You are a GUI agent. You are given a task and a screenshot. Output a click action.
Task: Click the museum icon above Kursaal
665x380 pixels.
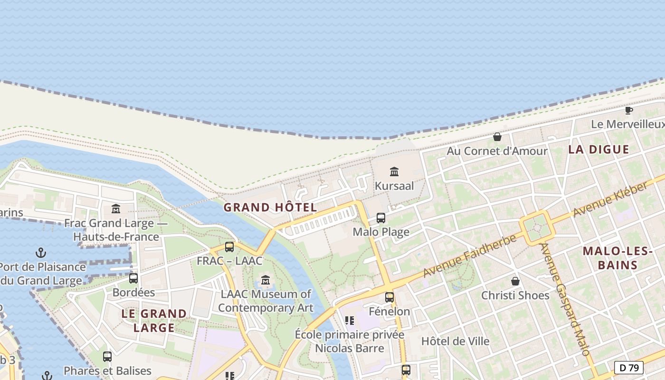coord(394,171)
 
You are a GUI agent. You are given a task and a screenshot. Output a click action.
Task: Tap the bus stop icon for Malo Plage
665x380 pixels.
coord(381,218)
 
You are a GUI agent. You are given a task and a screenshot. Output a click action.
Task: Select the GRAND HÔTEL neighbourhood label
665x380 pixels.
coord(270,208)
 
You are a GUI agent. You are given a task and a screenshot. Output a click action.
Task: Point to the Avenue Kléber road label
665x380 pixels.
coord(610,199)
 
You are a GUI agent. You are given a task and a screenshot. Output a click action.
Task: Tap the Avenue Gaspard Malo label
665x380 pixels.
coord(565,300)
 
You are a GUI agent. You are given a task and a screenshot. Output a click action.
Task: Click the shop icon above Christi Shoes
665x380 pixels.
coord(515,281)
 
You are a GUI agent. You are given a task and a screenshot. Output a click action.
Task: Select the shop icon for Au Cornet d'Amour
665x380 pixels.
coord(497,137)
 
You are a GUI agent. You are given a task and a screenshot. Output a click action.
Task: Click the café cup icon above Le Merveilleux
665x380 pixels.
coord(629,111)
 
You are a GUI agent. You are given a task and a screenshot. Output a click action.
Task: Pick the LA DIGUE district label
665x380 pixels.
coord(598,150)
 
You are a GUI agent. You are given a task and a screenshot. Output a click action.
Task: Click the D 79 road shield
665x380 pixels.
coord(629,368)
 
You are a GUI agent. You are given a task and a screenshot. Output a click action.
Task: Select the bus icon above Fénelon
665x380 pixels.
coord(389,297)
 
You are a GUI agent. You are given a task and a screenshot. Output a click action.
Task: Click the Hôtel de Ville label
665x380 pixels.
coord(455,341)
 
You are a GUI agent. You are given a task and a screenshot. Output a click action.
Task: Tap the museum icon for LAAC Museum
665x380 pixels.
coord(266,280)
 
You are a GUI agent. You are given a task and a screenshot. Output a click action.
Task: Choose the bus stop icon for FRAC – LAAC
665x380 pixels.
coord(229,247)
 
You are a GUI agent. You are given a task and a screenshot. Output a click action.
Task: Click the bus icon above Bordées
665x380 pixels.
coord(133,278)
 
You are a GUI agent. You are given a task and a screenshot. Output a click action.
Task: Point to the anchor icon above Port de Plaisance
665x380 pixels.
coord(41,253)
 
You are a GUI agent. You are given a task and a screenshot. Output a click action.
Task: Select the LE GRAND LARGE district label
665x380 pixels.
coord(154,321)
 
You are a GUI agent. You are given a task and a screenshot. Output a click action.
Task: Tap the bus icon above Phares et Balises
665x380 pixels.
coord(107,356)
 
